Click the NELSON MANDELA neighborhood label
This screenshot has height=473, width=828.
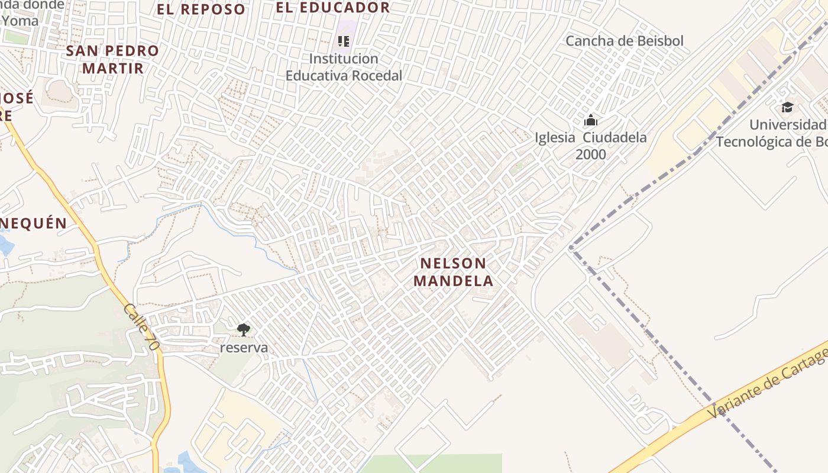[453, 271]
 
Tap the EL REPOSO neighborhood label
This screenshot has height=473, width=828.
[200, 9]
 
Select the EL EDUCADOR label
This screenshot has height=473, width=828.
[333, 7]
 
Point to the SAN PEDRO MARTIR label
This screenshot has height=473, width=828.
[112, 59]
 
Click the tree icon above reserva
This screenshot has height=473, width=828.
[243, 330]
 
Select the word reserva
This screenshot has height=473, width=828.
[244, 348]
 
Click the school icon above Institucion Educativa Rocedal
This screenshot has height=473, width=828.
[344, 41]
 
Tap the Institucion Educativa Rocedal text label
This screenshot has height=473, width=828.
[344, 67]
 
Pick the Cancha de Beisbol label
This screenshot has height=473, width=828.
[625, 41]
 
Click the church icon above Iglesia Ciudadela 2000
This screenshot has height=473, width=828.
[590, 121]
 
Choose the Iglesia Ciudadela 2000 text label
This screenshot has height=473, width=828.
[590, 145]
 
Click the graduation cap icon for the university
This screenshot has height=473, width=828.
[787, 107]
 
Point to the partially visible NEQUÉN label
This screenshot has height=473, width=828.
[34, 223]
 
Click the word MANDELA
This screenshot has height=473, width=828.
[453, 280]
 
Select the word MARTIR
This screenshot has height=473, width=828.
[112, 68]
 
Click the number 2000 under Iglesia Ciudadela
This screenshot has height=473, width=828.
[590, 154]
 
